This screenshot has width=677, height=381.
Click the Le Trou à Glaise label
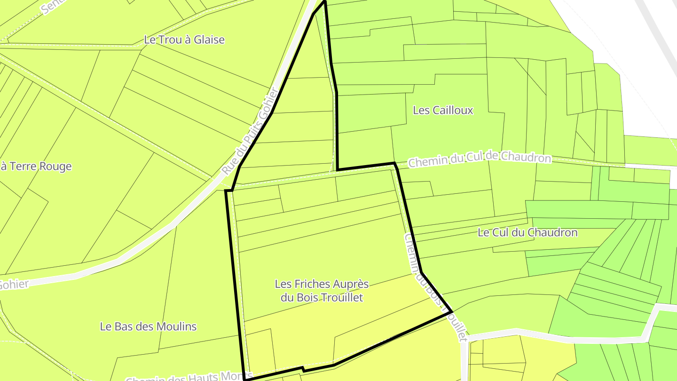(184, 40)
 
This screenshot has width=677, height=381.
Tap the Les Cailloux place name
(443, 110)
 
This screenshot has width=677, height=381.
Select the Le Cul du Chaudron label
(527, 232)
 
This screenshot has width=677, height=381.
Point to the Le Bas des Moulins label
(148, 326)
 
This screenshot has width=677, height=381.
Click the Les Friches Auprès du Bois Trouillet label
(322, 291)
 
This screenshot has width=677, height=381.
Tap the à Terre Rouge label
(36, 166)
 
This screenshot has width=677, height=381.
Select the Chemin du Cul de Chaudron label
(479, 159)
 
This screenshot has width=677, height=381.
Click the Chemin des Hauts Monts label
(188, 377)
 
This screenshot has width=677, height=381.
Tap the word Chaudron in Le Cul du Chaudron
(552, 232)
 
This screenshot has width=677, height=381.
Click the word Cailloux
(453, 110)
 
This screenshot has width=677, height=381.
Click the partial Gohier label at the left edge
(14, 284)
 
